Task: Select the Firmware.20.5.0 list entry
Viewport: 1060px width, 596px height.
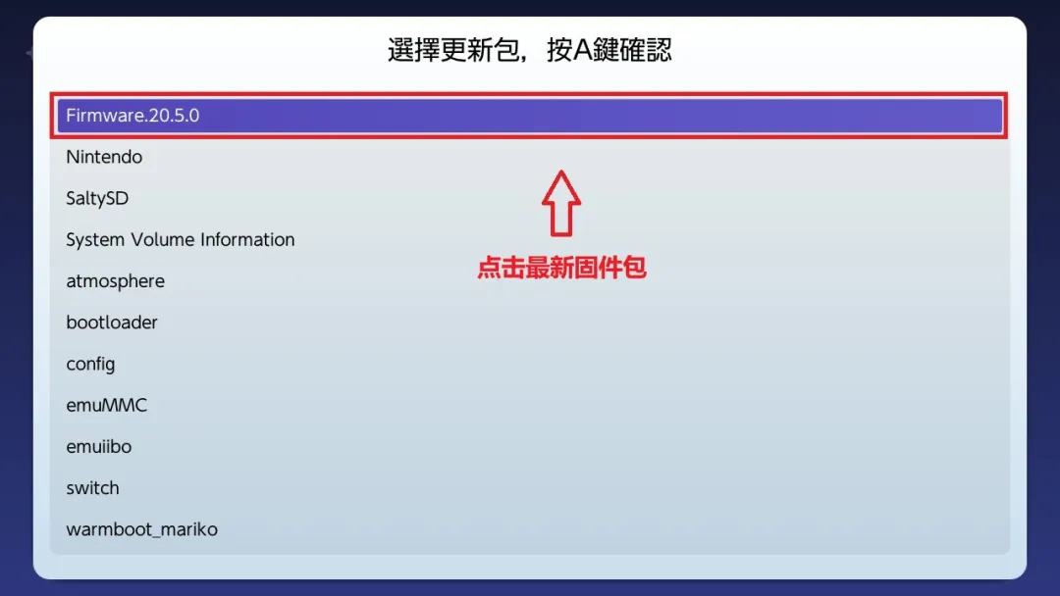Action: coord(132,116)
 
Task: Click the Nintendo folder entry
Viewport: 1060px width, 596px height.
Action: coord(104,157)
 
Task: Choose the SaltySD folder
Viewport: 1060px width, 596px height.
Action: coord(97,198)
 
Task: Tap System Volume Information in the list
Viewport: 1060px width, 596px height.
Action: coord(180,239)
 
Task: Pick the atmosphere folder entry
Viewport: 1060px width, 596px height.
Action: coord(115,281)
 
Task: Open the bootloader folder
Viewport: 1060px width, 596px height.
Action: coord(112,323)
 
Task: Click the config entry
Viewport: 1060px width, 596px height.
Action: coord(90,364)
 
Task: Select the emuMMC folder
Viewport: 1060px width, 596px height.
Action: coord(106,405)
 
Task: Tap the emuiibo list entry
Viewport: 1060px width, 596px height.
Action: coord(98,446)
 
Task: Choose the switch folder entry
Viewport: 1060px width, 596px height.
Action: coord(92,488)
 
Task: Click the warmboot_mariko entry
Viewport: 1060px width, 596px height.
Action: coord(141,529)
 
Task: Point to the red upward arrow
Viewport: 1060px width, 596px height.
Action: coord(561,202)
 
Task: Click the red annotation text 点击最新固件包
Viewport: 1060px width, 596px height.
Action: coord(561,268)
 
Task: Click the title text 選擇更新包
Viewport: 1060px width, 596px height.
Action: coord(446,51)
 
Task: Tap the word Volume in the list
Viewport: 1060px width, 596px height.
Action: coord(160,239)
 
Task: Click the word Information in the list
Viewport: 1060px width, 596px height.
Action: coord(247,239)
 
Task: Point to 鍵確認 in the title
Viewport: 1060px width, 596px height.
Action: coord(634,51)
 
